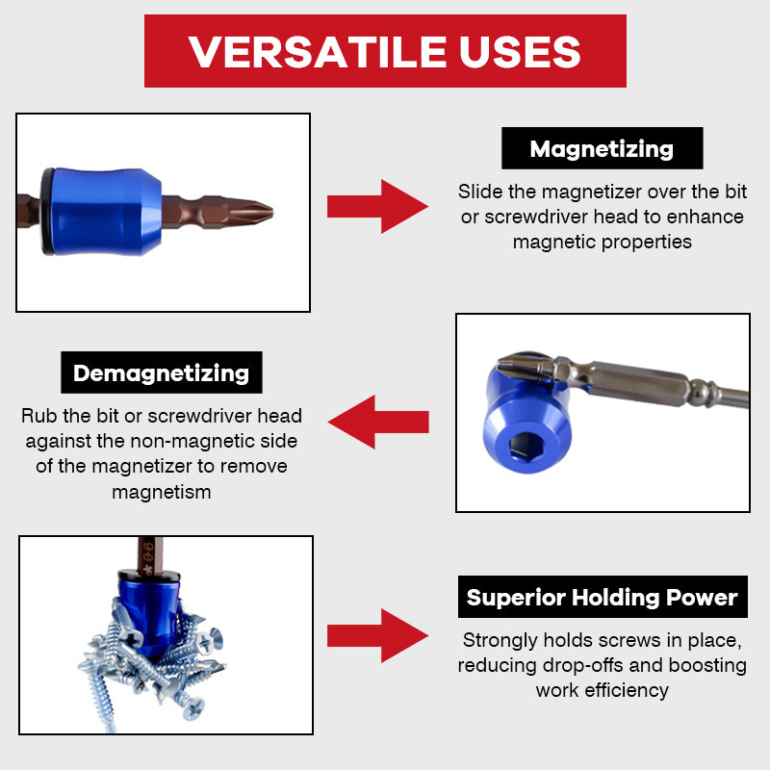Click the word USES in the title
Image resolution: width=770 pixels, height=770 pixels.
pyautogui.click(x=521, y=51)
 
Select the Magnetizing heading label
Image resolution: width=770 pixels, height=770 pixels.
pyautogui.click(x=602, y=149)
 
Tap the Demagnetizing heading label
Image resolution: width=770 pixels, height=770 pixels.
pyautogui.click(x=161, y=372)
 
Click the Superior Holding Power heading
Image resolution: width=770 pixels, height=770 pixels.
pyautogui.click(x=602, y=598)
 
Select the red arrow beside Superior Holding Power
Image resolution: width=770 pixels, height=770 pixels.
pyautogui.click(x=376, y=635)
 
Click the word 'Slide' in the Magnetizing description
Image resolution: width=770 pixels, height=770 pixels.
pyautogui.click(x=479, y=192)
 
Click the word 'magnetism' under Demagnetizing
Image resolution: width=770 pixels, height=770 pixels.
pyautogui.click(x=161, y=492)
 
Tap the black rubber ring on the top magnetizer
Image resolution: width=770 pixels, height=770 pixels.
pyautogui.click(x=47, y=212)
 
